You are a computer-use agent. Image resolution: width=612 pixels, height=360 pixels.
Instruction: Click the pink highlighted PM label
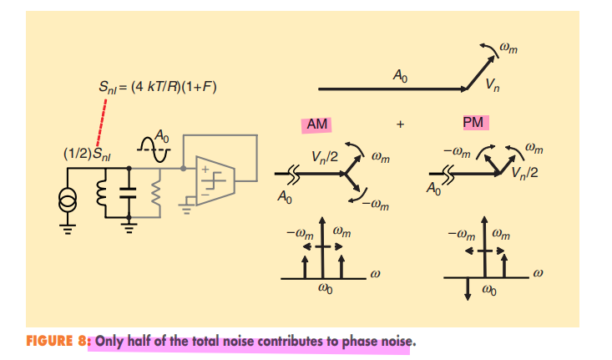tap(473, 123)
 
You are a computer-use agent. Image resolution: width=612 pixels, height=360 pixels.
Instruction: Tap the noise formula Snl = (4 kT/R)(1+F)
tap(157, 86)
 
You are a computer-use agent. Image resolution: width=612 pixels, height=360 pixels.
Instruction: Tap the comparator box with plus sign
tap(213, 177)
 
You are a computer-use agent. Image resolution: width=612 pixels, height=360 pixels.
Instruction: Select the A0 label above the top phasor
tap(400, 77)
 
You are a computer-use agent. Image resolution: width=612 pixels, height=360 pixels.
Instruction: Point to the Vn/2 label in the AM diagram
tap(324, 156)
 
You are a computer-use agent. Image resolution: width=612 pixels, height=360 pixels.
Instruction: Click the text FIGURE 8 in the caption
tap(58, 341)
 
